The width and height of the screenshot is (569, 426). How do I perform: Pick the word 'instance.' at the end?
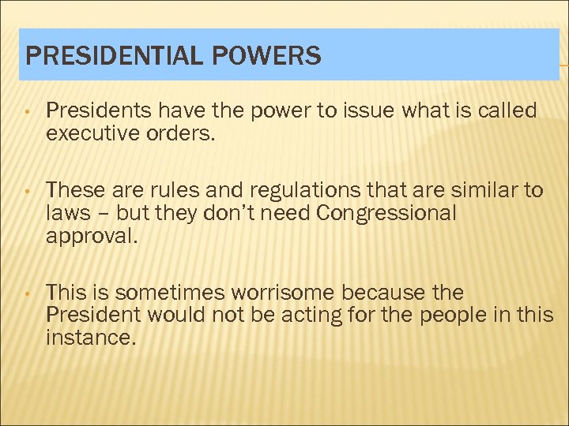(x=91, y=338)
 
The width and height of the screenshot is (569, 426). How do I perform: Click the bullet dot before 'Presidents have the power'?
(x=28, y=112)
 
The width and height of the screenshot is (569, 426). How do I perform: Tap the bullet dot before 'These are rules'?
(x=28, y=191)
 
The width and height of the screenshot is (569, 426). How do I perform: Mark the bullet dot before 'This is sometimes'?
(x=28, y=293)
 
